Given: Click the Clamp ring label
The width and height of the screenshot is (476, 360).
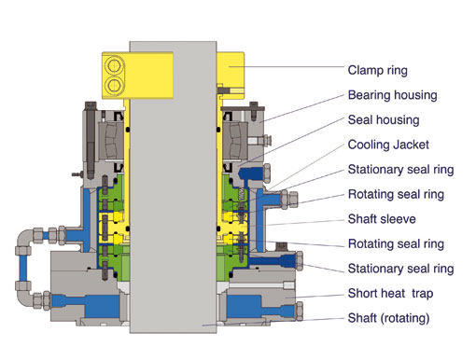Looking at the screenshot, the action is click(x=377, y=71).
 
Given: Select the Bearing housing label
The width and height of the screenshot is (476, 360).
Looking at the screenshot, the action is click(x=392, y=95).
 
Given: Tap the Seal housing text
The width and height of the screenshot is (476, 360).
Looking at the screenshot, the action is click(x=384, y=120).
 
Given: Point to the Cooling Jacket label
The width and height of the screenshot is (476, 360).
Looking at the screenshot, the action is click(x=388, y=145).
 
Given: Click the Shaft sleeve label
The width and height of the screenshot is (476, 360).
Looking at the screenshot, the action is click(x=382, y=219).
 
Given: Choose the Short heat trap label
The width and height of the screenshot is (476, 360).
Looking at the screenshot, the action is click(x=390, y=294).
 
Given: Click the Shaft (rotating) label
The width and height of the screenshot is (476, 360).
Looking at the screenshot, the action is click(x=388, y=318).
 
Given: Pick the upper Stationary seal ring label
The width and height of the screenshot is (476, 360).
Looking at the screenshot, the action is click(x=400, y=170).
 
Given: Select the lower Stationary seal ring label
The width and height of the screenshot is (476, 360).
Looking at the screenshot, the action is click(x=400, y=269).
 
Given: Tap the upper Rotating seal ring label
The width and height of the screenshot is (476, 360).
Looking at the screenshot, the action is click(x=396, y=195).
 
